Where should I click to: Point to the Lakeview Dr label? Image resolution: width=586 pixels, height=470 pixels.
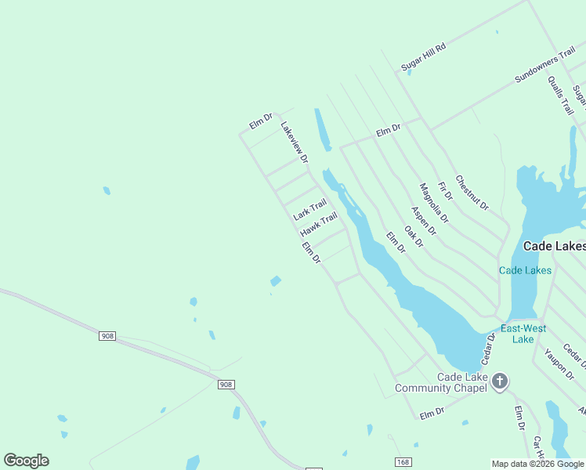295,142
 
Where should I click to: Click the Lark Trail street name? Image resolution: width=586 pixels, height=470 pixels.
309,210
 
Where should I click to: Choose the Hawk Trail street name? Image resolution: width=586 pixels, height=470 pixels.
318,224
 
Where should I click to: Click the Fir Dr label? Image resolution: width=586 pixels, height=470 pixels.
445,189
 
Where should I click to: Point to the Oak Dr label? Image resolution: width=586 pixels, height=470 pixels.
414,237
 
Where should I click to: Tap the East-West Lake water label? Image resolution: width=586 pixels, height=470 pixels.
523,334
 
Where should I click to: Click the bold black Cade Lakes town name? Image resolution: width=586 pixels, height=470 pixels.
554,246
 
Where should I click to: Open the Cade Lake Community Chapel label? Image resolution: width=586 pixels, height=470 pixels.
440,382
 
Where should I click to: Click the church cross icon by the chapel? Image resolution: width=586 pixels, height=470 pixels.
500,381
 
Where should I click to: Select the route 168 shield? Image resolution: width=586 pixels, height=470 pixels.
403,463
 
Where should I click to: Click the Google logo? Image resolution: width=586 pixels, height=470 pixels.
26,461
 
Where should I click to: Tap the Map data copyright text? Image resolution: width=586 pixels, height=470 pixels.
537,464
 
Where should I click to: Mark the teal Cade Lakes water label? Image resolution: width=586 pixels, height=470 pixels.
525,270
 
